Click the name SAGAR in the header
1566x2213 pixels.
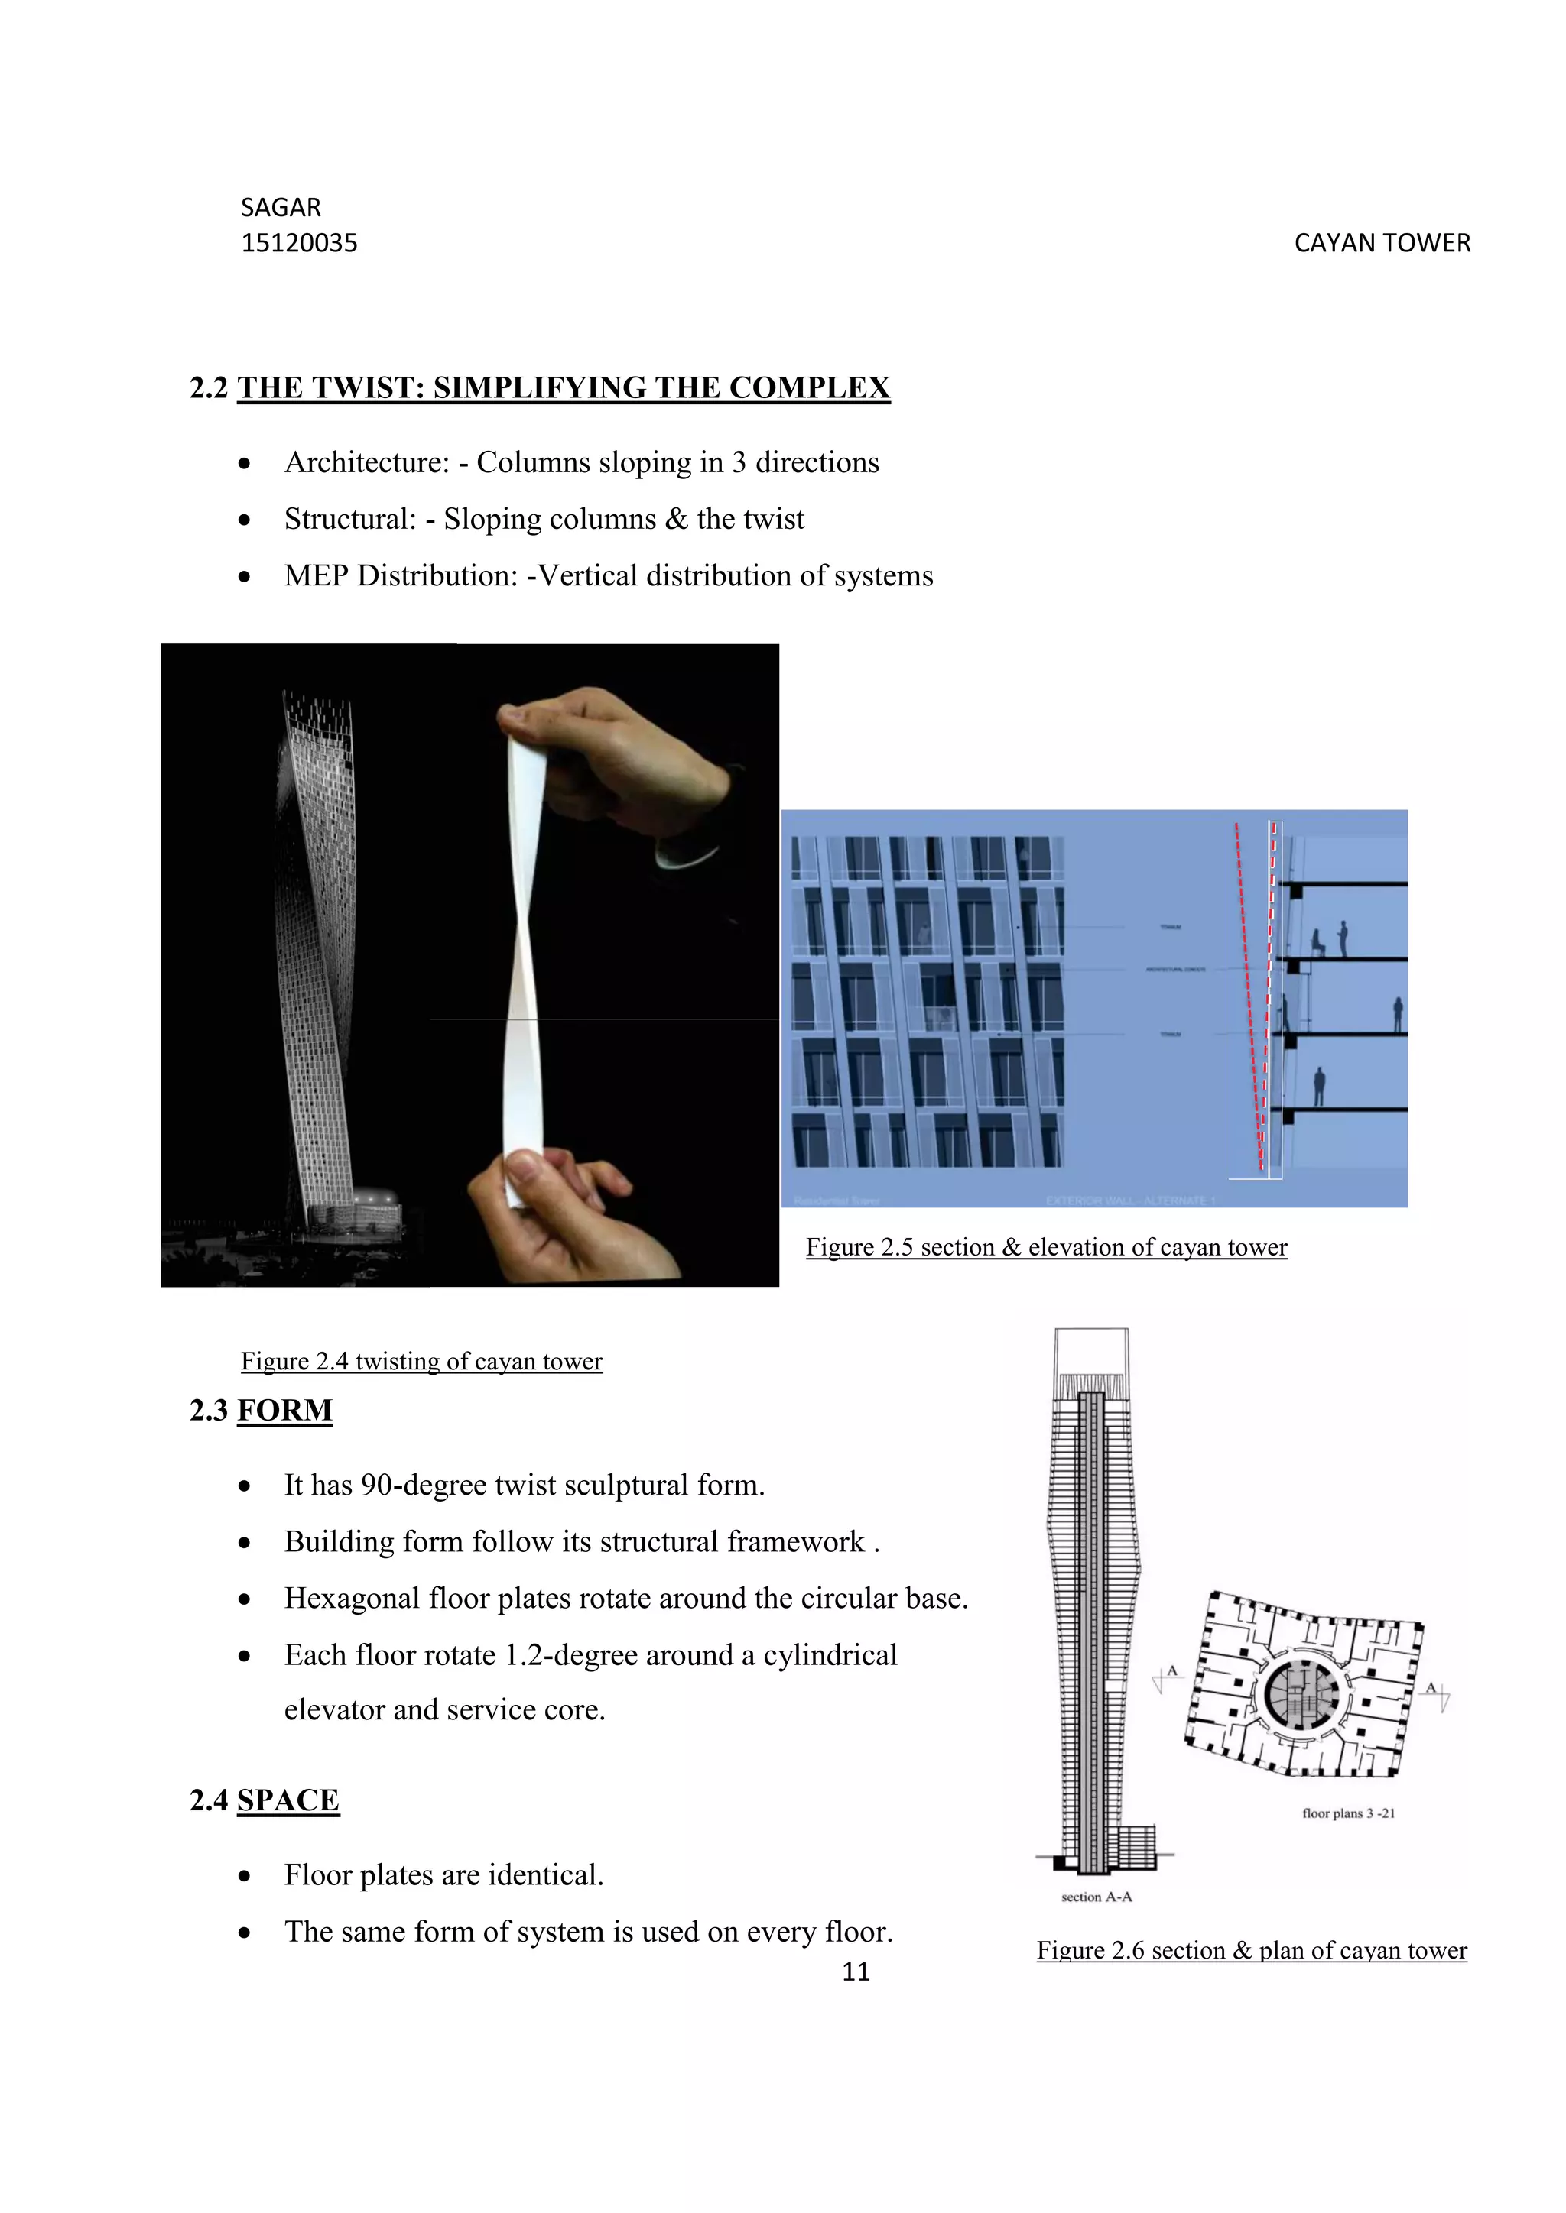(x=281, y=207)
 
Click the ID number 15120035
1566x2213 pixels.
(x=299, y=243)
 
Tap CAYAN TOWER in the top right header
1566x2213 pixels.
(x=1382, y=243)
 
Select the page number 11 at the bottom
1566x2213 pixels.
(x=856, y=1972)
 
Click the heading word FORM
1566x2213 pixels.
(x=284, y=1410)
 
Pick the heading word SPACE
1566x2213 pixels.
(x=288, y=1800)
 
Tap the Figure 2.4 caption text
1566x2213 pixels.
(x=421, y=1361)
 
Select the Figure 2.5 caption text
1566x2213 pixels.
(x=1046, y=1247)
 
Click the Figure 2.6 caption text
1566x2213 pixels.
(x=1252, y=1951)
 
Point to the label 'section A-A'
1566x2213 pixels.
(x=1097, y=1897)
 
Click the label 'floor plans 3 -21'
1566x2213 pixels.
(x=1348, y=1813)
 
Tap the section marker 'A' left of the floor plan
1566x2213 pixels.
(x=1171, y=1671)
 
